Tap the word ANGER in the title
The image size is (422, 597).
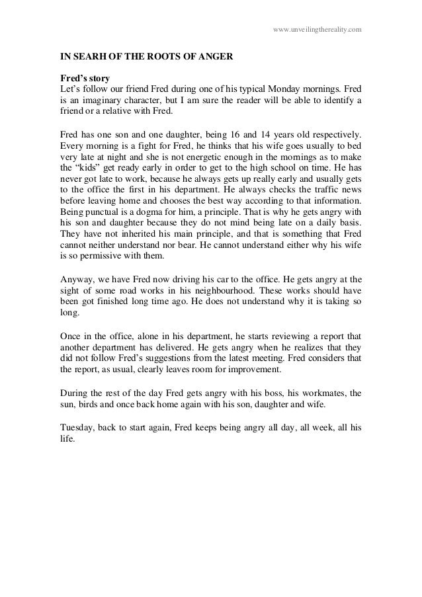pos(215,58)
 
